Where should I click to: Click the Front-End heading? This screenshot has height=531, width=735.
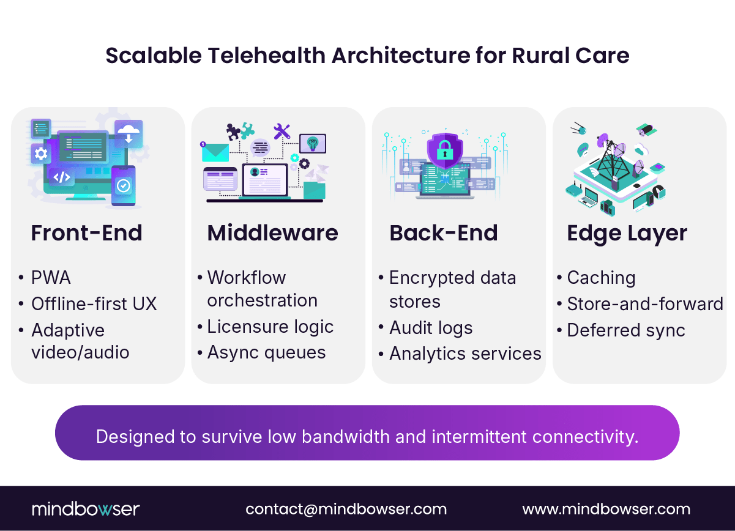(86, 233)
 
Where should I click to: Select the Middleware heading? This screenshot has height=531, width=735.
(272, 233)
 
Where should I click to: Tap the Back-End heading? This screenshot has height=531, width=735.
(443, 233)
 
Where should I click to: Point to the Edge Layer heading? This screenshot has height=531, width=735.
(627, 233)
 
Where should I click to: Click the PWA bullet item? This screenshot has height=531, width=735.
(51, 278)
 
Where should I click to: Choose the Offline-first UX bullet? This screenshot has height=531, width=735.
(94, 304)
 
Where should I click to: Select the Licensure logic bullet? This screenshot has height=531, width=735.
(270, 327)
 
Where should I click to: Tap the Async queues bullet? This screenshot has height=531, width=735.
(266, 352)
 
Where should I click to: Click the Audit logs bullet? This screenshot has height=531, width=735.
(431, 328)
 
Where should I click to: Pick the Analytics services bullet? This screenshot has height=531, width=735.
(465, 354)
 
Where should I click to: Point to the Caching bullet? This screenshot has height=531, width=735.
(601, 278)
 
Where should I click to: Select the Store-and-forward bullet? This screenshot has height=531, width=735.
(645, 304)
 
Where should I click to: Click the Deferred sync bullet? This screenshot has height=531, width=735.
(625, 330)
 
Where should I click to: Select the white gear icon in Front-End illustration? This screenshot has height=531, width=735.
(41, 153)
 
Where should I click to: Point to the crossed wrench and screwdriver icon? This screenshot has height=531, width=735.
(282, 130)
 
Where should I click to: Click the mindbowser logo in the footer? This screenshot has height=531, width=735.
(86, 509)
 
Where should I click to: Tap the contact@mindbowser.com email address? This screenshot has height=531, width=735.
(346, 509)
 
